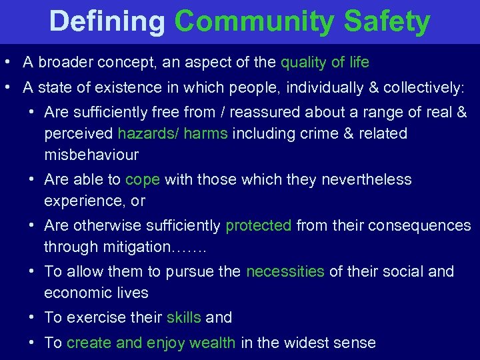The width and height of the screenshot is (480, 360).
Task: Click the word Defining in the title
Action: (107, 22)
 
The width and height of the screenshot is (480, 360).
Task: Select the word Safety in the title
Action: (387, 22)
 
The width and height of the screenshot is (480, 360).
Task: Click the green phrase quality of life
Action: (325, 63)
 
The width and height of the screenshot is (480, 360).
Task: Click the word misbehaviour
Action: (91, 155)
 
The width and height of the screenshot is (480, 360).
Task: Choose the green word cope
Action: (143, 179)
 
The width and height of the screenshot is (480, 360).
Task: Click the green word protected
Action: (259, 225)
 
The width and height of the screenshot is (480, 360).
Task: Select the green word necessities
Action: (285, 271)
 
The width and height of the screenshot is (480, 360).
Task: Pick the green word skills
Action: (183, 317)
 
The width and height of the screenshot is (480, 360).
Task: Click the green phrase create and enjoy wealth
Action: (151, 343)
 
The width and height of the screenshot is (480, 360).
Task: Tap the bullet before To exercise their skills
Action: (32, 317)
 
